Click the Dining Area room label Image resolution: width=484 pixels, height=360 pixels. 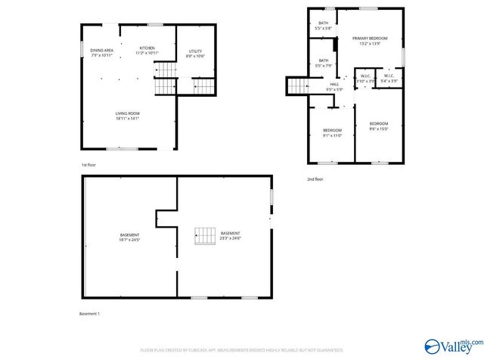[102, 52]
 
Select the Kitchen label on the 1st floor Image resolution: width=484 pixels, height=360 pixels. [147, 50]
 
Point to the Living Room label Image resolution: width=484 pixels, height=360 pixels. [127, 115]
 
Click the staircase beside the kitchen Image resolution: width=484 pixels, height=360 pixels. [166, 78]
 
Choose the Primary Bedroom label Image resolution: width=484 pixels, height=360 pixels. [370, 41]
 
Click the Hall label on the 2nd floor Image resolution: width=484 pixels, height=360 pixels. [334, 86]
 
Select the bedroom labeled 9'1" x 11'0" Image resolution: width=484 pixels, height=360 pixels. [333, 132]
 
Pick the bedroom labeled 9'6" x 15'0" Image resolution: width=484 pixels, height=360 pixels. [378, 126]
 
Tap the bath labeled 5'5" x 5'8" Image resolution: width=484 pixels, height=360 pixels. [323, 26]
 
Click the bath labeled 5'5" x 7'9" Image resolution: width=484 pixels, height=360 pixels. [323, 63]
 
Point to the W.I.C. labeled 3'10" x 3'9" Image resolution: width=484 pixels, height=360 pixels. [365, 78]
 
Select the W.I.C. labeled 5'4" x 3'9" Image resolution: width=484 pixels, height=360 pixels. [389, 78]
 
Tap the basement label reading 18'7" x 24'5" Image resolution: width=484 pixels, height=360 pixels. [129, 237]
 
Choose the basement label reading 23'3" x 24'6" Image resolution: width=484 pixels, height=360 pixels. [230, 235]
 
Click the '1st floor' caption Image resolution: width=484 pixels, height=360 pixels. [88, 164]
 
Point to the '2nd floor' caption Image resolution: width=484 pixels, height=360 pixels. [315, 179]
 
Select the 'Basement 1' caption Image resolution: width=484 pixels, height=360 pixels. [90, 313]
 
